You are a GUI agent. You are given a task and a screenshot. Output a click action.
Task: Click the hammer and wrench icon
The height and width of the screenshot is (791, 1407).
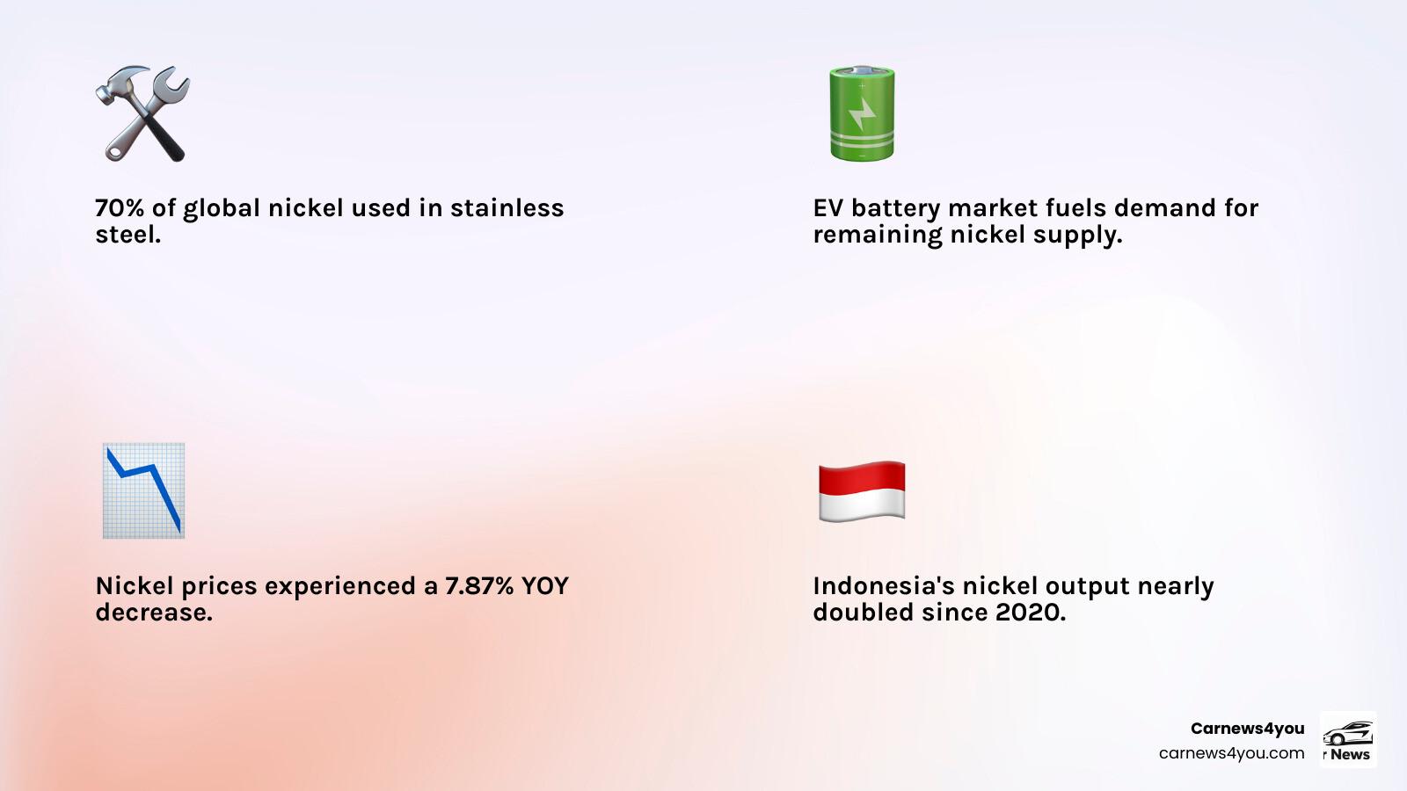tap(142, 114)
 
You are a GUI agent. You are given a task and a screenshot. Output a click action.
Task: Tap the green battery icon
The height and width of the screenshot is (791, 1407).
tap(862, 114)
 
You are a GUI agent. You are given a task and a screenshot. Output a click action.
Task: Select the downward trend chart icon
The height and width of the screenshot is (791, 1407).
tap(143, 490)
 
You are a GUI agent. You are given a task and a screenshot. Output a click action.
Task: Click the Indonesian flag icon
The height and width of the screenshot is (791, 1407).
tap(862, 490)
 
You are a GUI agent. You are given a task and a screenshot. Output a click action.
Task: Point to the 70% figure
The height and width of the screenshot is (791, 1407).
tap(120, 208)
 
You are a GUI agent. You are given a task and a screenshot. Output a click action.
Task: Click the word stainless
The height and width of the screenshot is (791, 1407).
tap(507, 208)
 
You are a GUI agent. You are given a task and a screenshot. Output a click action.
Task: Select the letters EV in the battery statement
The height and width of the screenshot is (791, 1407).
tap(827, 208)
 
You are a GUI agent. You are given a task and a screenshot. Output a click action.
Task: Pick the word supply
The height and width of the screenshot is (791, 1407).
tap(1076, 236)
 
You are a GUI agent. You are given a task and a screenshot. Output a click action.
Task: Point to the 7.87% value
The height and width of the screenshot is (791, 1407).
tap(479, 586)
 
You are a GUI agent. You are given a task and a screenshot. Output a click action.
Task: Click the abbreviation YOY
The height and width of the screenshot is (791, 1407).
tap(544, 586)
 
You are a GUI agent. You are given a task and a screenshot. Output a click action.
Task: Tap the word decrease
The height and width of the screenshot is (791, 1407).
tap(153, 613)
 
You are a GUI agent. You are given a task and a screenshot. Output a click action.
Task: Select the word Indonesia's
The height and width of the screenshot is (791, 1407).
tap(883, 586)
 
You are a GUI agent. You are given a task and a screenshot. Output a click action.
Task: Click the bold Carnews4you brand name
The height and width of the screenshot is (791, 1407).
tap(1247, 729)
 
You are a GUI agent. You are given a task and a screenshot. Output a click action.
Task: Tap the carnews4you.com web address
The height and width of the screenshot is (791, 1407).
tap(1231, 753)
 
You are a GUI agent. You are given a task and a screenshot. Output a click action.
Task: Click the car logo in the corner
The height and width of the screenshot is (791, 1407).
tap(1348, 734)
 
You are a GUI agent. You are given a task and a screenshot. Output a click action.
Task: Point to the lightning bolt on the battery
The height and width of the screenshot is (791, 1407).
tap(862, 114)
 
